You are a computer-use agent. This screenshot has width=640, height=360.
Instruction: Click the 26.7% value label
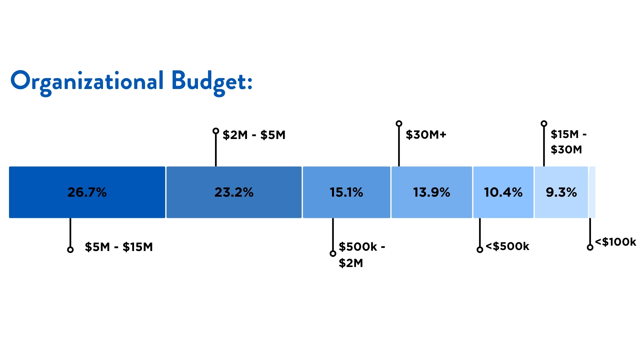[x=87, y=192]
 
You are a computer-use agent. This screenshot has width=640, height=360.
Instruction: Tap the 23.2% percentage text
[x=234, y=192]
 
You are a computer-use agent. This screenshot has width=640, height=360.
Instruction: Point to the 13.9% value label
[x=431, y=192]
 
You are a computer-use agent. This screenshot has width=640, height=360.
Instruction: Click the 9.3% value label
[x=561, y=192]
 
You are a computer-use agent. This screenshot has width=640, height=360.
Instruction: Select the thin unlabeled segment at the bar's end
[x=592, y=192]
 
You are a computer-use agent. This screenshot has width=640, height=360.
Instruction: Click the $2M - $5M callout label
[x=254, y=135]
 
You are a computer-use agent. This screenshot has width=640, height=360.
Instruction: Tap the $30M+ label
[x=426, y=135]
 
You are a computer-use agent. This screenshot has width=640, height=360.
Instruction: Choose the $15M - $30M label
[x=568, y=142]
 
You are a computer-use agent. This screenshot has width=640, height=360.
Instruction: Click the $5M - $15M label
[x=119, y=247]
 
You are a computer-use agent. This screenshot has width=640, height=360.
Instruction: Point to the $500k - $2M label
[x=361, y=255]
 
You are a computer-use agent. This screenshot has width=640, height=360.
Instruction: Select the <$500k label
[x=507, y=246]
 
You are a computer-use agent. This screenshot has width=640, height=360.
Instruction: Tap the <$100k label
[x=615, y=242]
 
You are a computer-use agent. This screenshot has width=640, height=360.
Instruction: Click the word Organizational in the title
[x=87, y=81]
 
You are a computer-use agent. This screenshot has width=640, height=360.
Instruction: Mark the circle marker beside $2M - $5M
[x=216, y=131]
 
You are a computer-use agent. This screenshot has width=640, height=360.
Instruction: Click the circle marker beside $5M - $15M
[x=70, y=250]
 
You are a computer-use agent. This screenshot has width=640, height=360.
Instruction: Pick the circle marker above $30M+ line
[x=399, y=124]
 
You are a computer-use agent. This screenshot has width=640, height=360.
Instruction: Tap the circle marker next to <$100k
[x=590, y=247]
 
